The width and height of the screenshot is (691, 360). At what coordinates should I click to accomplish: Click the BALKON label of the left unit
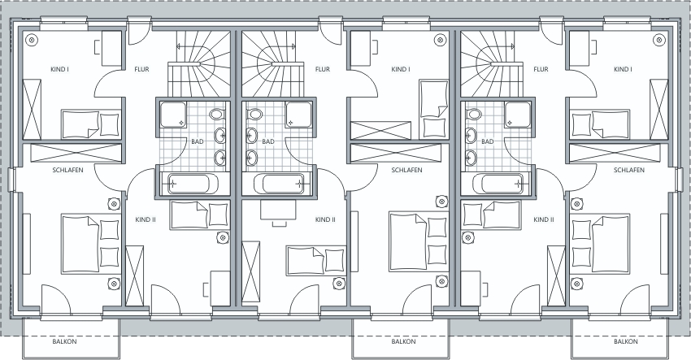(x=64, y=341)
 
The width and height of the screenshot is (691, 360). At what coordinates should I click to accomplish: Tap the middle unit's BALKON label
(x=403, y=341)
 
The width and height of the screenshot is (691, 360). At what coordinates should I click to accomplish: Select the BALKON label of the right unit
(x=625, y=341)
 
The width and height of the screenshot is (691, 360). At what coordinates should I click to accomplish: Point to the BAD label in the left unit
(x=198, y=141)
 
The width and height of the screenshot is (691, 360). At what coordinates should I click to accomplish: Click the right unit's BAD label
(x=488, y=141)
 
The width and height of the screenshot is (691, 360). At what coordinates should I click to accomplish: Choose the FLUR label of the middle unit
(x=323, y=69)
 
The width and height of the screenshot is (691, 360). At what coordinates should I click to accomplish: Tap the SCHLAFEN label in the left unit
(x=67, y=170)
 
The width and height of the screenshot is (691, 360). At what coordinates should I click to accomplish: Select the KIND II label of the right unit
(x=543, y=219)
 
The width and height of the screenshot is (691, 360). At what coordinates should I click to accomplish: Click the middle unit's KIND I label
(x=401, y=69)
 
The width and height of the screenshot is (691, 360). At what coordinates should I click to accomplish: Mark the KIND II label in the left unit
(x=146, y=219)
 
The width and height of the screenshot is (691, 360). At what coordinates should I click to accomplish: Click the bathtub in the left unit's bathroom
(x=193, y=184)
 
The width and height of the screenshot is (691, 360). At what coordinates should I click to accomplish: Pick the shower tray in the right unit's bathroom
(x=518, y=115)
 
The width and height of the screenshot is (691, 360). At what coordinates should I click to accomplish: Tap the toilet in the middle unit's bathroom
(x=254, y=115)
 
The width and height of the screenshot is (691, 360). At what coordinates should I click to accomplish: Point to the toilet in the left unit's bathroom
(x=218, y=115)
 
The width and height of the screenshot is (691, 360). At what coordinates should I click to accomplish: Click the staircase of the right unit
(x=492, y=64)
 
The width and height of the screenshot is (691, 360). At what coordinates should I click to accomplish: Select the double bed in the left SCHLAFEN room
(x=91, y=244)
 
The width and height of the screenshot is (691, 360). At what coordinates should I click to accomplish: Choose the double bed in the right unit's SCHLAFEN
(x=600, y=244)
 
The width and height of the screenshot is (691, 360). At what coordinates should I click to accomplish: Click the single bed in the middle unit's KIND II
(x=316, y=260)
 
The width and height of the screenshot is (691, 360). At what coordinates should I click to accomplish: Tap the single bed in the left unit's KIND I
(x=91, y=124)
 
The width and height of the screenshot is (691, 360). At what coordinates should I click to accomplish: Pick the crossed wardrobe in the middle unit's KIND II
(x=250, y=272)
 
